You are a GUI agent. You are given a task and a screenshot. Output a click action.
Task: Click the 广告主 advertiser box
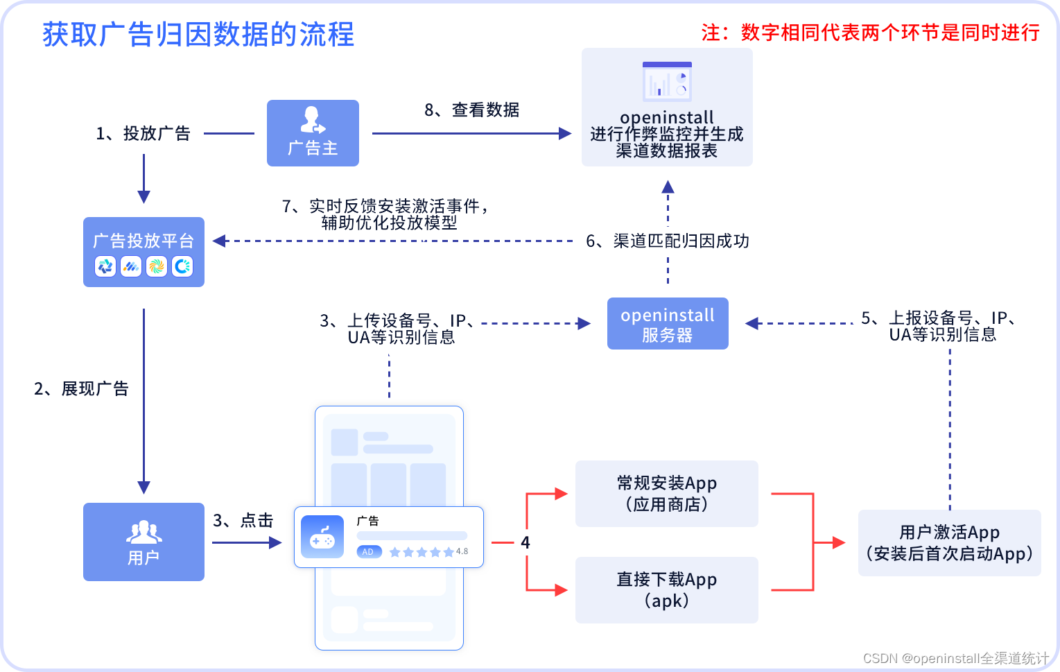(x=313, y=133)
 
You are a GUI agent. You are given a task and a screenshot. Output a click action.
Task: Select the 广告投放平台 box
(x=144, y=252)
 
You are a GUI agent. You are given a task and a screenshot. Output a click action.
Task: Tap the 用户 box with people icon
(x=144, y=542)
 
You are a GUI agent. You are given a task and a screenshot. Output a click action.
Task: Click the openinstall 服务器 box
(x=668, y=324)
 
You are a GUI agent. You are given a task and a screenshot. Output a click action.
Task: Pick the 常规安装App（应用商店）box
(x=666, y=494)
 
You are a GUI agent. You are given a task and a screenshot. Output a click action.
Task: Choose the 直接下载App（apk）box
(x=666, y=590)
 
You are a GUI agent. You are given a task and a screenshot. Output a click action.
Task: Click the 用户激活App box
(x=949, y=543)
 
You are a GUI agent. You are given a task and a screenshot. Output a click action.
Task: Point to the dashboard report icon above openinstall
(x=666, y=82)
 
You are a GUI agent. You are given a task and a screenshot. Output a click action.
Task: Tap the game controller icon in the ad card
(x=322, y=537)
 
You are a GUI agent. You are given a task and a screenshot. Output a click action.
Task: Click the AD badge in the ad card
(x=368, y=552)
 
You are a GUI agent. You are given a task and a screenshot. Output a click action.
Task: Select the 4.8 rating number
(x=462, y=552)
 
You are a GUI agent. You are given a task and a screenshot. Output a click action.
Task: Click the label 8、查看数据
(x=471, y=110)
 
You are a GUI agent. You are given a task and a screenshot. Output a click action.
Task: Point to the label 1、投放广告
(x=143, y=134)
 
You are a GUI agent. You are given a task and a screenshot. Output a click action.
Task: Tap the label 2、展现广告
(x=81, y=389)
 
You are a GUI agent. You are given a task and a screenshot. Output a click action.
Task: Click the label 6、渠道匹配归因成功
(x=667, y=241)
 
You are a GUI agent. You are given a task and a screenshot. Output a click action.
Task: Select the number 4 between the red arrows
(x=525, y=542)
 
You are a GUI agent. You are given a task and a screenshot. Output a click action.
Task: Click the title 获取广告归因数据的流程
(x=198, y=35)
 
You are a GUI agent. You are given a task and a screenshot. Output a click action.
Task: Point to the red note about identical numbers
(x=870, y=33)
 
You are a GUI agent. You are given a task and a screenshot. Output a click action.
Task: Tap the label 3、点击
(x=243, y=521)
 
